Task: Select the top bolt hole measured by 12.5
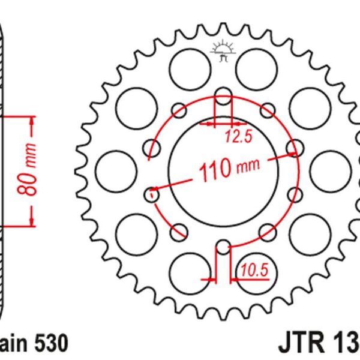[x=223, y=97]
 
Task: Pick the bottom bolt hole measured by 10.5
[x=223, y=247]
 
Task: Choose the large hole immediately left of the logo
[x=187, y=62]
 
